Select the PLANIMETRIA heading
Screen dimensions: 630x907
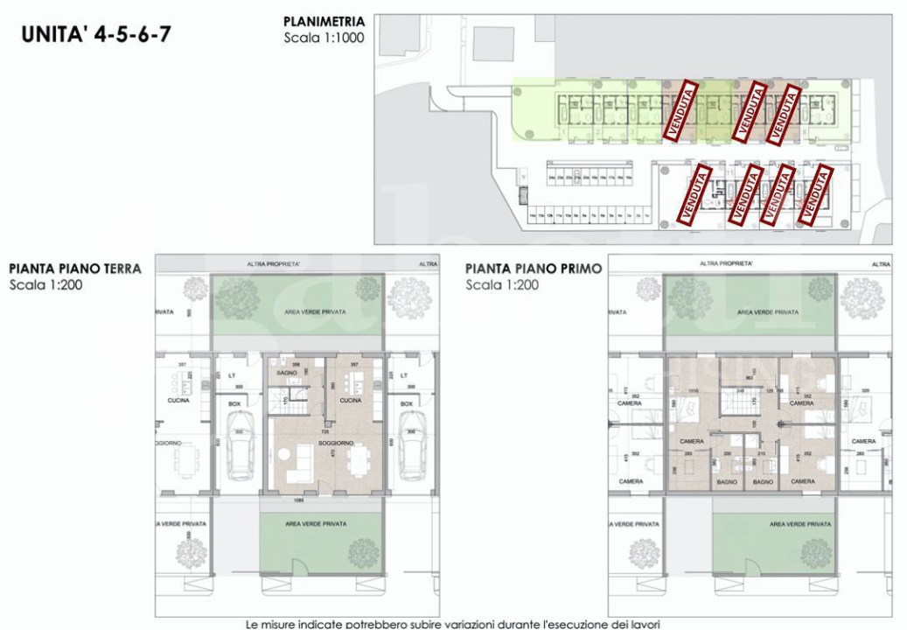(x=324, y=22)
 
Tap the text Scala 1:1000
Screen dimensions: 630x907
(x=323, y=38)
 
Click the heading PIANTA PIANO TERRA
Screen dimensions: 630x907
(x=74, y=269)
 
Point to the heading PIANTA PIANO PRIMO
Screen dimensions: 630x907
(x=534, y=269)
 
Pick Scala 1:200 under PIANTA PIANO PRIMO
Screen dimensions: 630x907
(x=502, y=285)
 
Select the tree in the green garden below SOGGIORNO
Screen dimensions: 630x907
(x=363, y=552)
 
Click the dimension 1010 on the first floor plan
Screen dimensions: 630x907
(x=693, y=391)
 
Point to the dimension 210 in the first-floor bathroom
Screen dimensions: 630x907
(x=760, y=454)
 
